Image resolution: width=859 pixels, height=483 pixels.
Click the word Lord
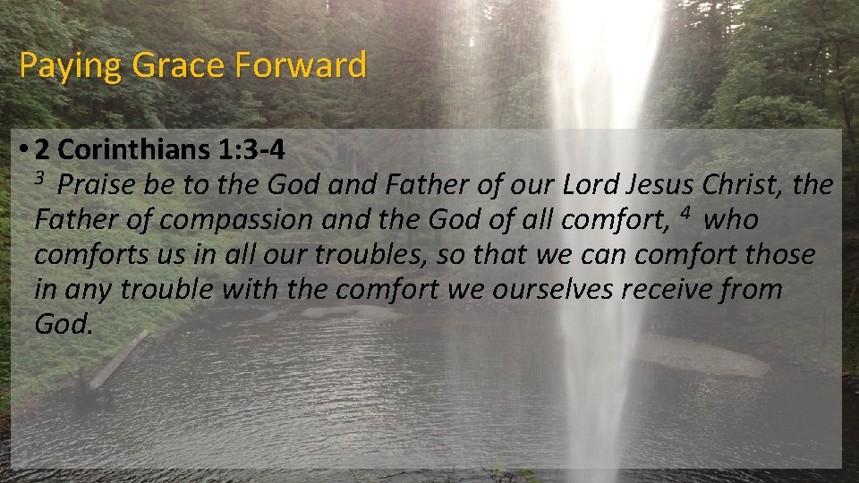point(589,186)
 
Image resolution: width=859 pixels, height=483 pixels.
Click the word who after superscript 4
point(732,220)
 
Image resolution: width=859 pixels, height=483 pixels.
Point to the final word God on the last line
point(63,325)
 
